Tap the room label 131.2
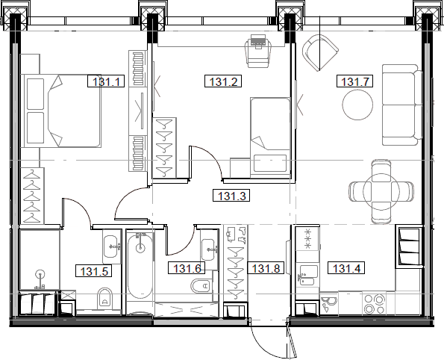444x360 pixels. [x=222, y=83]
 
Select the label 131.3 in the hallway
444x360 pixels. [x=232, y=197]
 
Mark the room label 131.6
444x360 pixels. [x=187, y=269]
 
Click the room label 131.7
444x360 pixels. [x=355, y=82]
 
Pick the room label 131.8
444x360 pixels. [x=266, y=269]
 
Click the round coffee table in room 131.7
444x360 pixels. [x=357, y=105]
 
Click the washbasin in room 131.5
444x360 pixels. [x=111, y=243]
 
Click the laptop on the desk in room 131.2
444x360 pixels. [x=258, y=41]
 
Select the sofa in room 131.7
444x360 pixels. [x=400, y=105]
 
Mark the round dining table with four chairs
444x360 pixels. [x=381, y=190]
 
